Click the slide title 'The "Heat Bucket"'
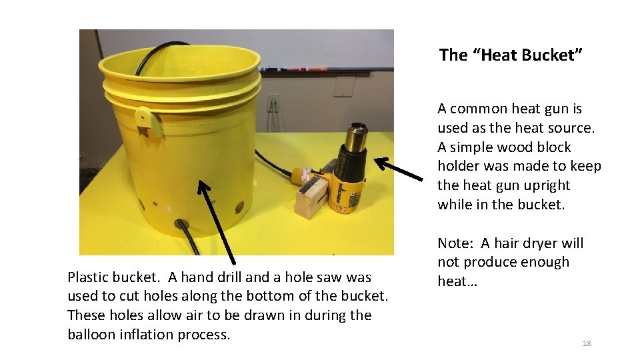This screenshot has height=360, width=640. [x=511, y=55]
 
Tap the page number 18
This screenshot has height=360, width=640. [x=587, y=343]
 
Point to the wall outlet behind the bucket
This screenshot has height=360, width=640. [x=273, y=103]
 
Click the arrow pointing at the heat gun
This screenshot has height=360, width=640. [x=398, y=168]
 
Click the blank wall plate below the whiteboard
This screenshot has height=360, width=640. [x=344, y=86]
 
